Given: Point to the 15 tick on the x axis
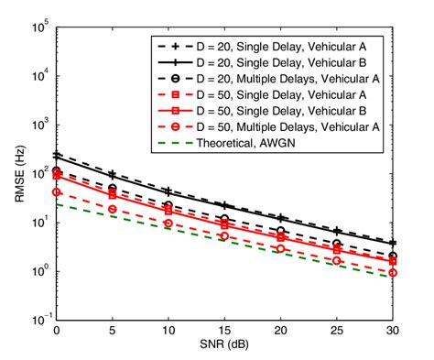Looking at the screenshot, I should (x=225, y=331).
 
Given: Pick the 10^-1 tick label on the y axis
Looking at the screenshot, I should (x=38, y=320).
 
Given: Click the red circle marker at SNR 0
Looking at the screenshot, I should (x=57, y=192).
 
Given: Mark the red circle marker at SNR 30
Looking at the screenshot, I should (x=393, y=272).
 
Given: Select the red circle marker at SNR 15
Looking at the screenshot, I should (x=225, y=235).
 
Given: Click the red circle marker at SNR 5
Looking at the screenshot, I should (x=113, y=209).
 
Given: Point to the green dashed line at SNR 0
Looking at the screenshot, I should (x=57, y=204).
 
